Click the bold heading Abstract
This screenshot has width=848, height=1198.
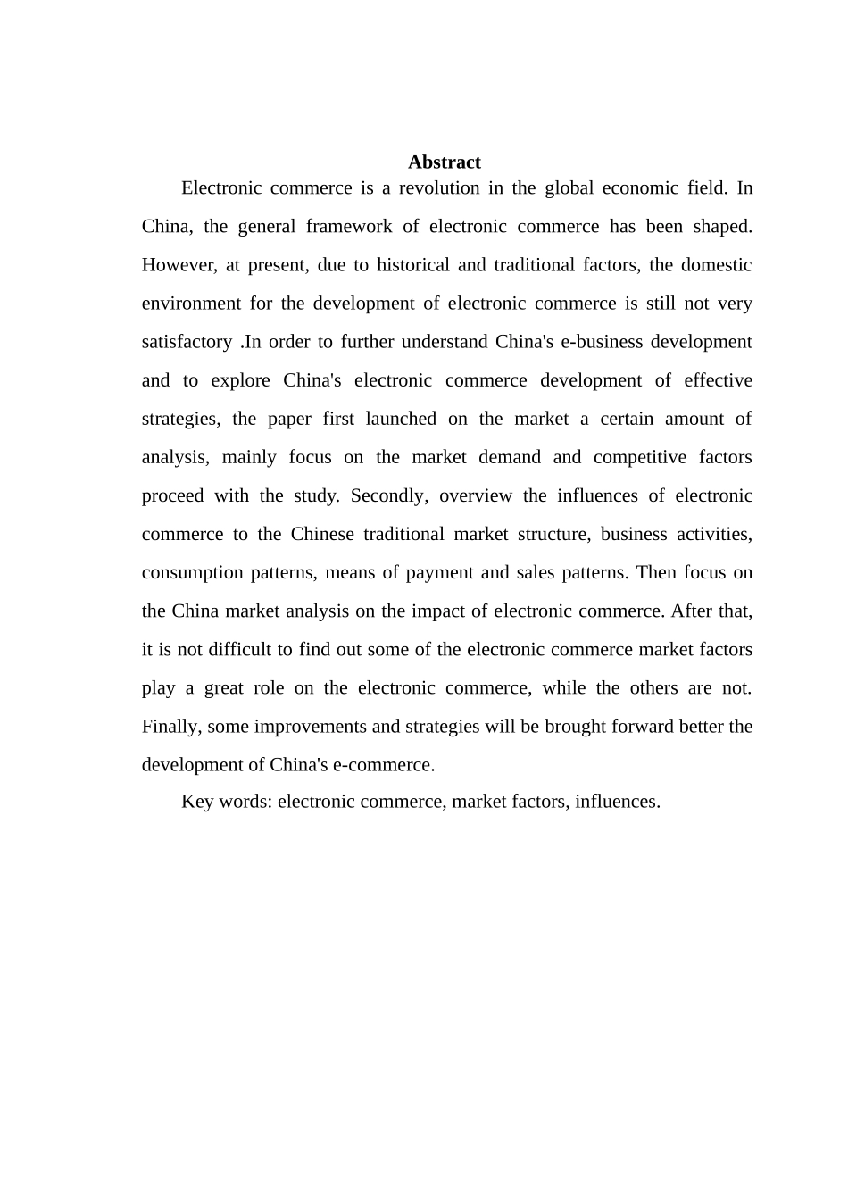click(x=444, y=162)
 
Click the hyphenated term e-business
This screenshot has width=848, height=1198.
click(x=595, y=342)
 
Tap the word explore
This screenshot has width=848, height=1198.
click(x=240, y=380)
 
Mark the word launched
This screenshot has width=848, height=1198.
click(x=401, y=419)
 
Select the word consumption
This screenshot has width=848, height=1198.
click(x=191, y=572)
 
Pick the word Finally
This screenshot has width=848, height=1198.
click(x=171, y=726)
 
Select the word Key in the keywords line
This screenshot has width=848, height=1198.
click(x=196, y=801)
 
